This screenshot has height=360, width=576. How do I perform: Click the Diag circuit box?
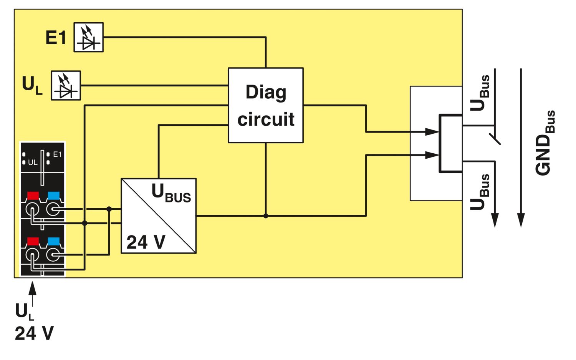266,105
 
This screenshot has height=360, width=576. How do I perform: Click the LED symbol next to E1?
88,37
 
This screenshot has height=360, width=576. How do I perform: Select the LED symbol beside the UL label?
66,85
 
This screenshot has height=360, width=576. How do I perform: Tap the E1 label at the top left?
56,38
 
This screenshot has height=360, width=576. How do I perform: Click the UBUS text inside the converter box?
171,193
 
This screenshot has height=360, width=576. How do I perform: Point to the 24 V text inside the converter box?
146,242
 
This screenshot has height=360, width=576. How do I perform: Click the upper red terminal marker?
33,196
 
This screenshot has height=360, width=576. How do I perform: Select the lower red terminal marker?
33,241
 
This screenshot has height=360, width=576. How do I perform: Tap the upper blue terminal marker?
53,196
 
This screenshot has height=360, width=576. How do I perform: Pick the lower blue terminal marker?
53,241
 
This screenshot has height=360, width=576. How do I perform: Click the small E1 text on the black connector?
57,154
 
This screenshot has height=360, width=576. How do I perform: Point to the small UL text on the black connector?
33,163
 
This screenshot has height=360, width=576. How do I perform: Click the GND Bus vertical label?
545,143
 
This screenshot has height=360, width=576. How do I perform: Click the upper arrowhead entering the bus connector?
432,132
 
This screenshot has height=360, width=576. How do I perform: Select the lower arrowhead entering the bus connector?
432,155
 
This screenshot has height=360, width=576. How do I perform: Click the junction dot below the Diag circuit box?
266,216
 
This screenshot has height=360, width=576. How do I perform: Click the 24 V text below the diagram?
34,333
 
